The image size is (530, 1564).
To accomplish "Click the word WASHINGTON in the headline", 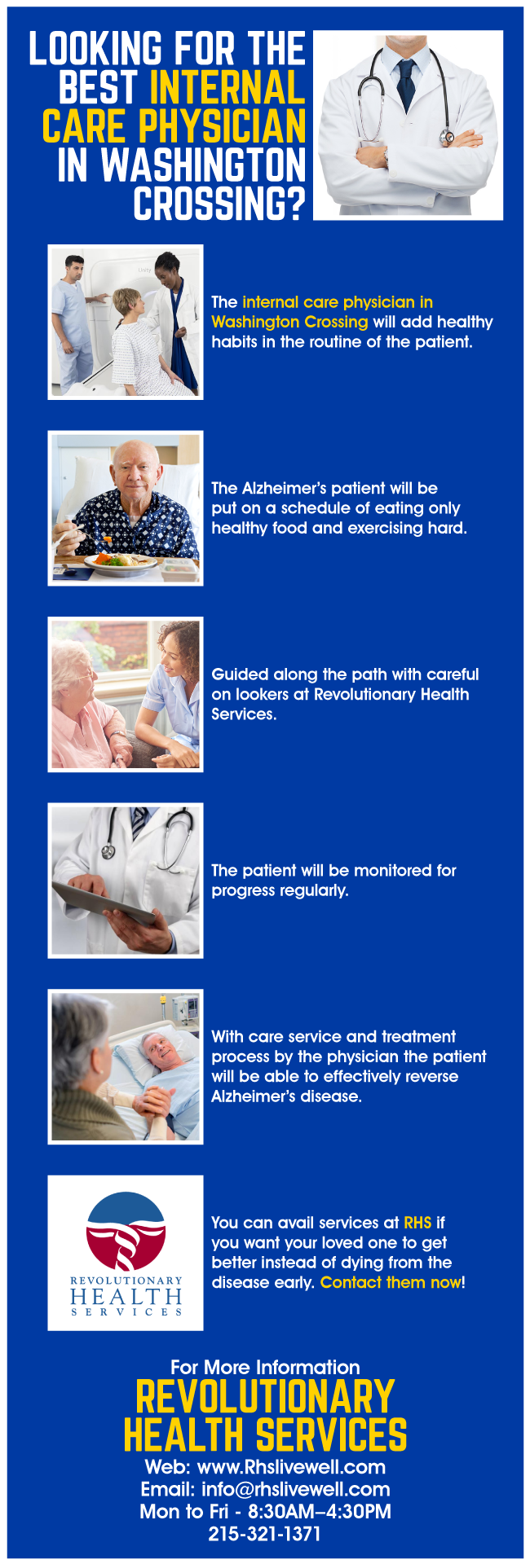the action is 203,165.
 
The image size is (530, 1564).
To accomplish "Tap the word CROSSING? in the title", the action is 219,204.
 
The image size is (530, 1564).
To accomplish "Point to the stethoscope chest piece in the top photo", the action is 446,138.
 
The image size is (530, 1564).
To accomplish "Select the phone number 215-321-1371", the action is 265,1534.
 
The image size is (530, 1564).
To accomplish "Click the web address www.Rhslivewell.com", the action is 291,1467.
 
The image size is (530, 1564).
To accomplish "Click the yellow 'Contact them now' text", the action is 391,1282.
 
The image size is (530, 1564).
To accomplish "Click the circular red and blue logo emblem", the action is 126,1231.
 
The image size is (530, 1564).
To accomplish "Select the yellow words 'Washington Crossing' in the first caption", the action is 289,322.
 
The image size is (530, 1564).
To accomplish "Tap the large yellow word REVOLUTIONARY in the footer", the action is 265,1397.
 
